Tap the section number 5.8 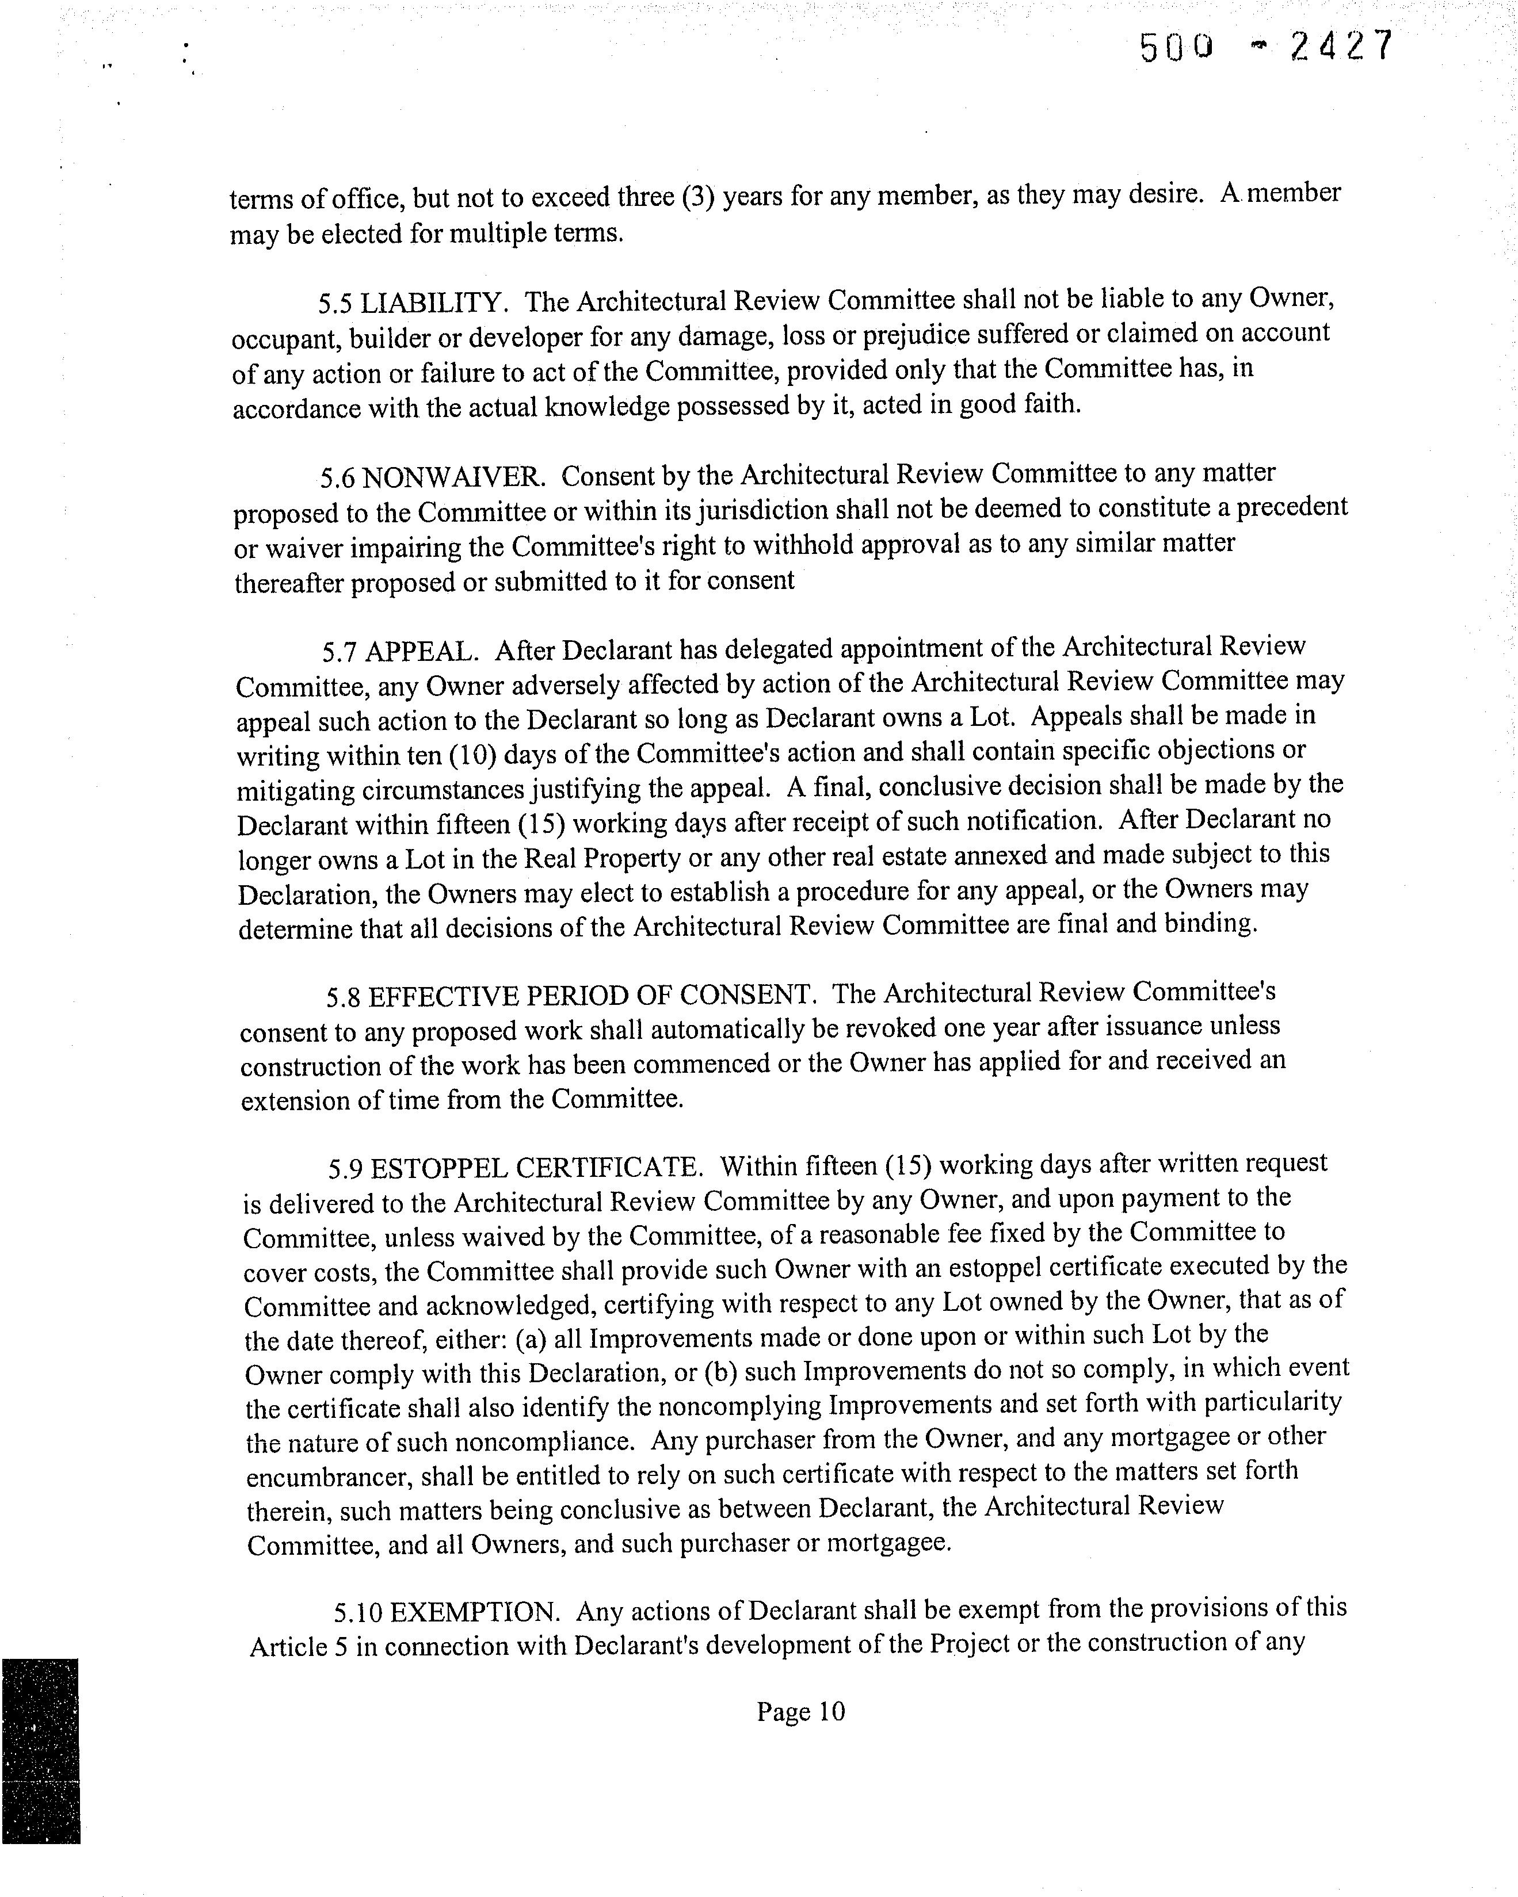343,997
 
